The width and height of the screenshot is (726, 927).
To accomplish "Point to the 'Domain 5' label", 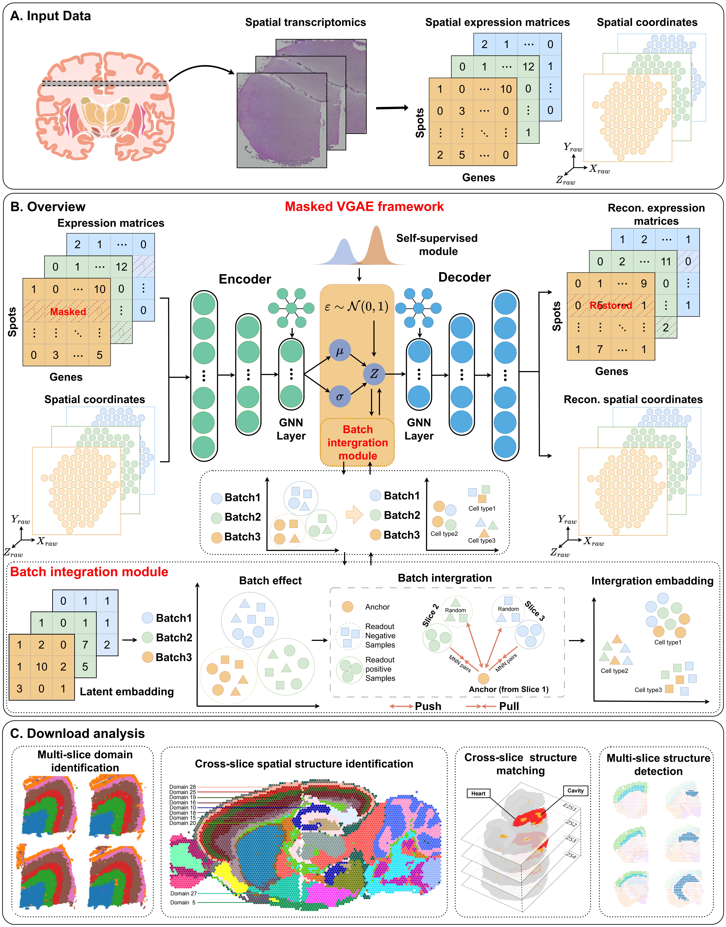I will pyautogui.click(x=183, y=902).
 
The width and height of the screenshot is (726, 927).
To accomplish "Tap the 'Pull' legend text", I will pyautogui.click(x=509, y=706).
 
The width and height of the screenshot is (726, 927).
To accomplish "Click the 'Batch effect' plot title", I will pyautogui.click(x=270, y=581).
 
